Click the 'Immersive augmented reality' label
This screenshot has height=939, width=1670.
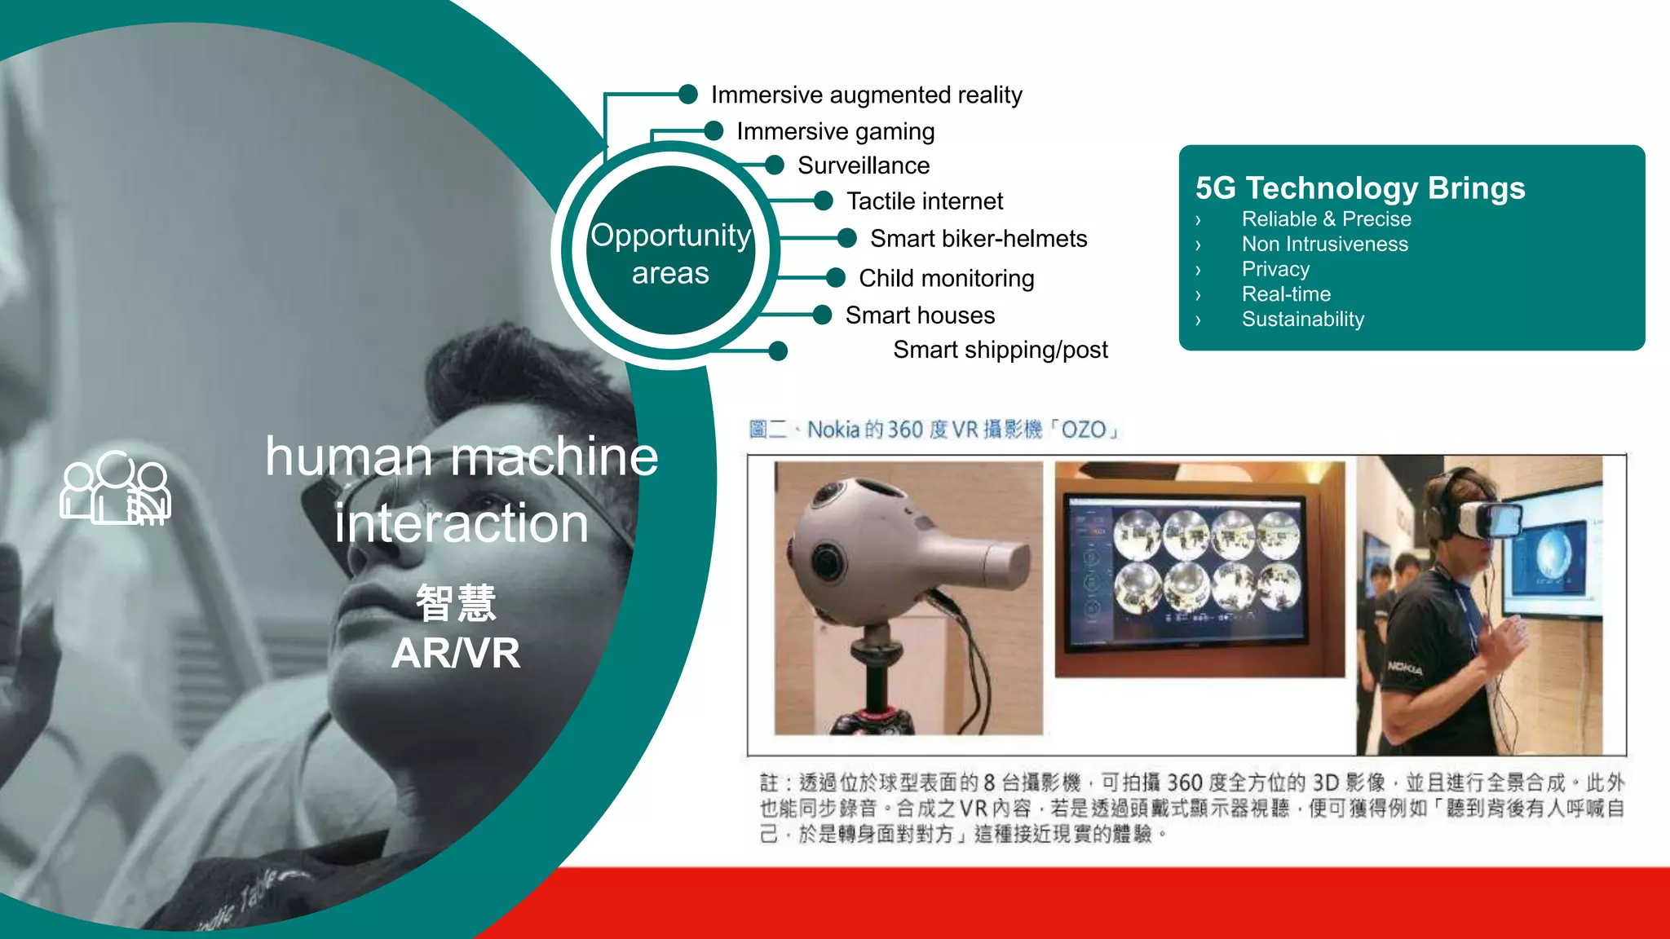coord(866,95)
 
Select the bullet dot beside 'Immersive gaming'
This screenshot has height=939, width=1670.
coord(714,130)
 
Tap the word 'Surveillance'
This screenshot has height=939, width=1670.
coord(864,165)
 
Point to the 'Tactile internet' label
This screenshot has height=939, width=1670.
coord(925,201)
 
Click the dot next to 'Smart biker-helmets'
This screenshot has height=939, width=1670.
coord(847,238)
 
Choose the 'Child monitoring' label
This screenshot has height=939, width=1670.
coord(946,278)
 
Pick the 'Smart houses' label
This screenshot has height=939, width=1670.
coord(920,315)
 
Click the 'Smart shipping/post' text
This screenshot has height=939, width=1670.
coord(1000,350)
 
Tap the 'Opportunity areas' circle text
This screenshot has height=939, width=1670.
coord(670,253)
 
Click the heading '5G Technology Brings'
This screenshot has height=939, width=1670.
coord(1359,187)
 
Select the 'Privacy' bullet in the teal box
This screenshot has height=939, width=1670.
coord(1275,269)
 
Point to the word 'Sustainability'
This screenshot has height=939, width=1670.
coord(1302,319)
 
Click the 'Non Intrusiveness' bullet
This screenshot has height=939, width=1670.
coord(1324,244)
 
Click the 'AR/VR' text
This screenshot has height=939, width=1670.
coord(455,653)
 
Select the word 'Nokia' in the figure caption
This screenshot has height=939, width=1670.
coord(833,430)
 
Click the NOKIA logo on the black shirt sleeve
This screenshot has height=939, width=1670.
coord(1405,668)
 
